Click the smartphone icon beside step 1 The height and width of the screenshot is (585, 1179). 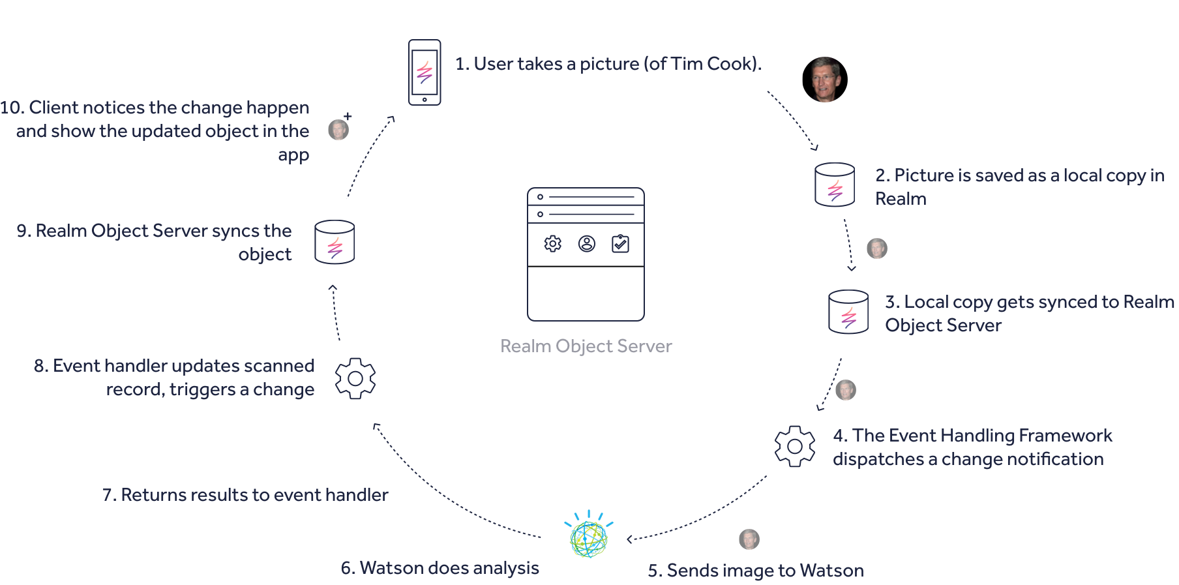point(425,72)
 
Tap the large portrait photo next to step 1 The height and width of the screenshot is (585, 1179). point(825,80)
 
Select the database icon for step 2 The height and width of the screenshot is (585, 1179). point(835,185)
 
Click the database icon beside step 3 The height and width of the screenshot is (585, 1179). point(848,312)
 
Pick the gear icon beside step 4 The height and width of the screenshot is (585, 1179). point(795,446)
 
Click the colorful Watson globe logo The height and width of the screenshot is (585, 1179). point(589,537)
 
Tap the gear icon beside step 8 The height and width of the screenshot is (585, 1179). point(355,378)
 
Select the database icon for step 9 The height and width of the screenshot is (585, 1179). point(335,242)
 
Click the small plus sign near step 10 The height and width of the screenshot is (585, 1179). point(348,116)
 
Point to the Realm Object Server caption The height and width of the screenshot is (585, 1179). point(586,346)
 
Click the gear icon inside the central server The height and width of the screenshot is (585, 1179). point(553,244)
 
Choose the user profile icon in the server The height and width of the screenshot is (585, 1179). point(587,244)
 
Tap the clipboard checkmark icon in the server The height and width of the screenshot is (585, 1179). point(620,244)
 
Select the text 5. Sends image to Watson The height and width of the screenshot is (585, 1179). point(756,571)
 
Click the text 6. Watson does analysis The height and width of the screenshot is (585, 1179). point(440,568)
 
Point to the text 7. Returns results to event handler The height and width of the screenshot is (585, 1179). point(245,495)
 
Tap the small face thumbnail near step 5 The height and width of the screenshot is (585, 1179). point(749,539)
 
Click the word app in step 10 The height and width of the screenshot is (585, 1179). point(293,155)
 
